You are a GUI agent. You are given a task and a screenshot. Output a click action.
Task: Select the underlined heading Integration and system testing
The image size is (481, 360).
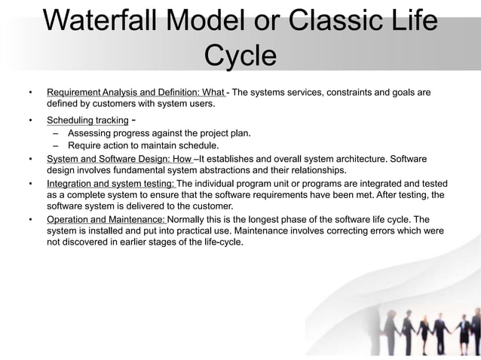110,184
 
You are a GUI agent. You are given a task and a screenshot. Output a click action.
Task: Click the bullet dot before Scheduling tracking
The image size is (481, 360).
30,121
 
